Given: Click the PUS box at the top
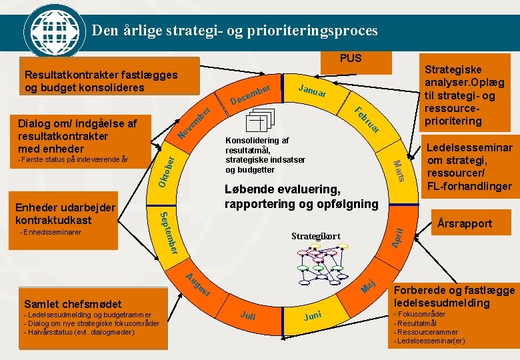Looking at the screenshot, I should (x=351, y=59).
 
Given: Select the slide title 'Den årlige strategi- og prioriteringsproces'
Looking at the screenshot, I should (x=235, y=31).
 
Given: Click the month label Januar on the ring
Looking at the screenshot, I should (x=312, y=93).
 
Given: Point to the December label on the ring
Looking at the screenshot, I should (x=250, y=95).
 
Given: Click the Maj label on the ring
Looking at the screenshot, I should (x=369, y=286).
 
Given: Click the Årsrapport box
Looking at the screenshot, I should (x=465, y=224).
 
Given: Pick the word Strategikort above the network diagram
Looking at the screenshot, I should (x=316, y=236).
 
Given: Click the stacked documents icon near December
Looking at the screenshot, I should (x=259, y=121).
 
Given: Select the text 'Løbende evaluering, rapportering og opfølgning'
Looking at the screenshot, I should (x=301, y=196).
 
